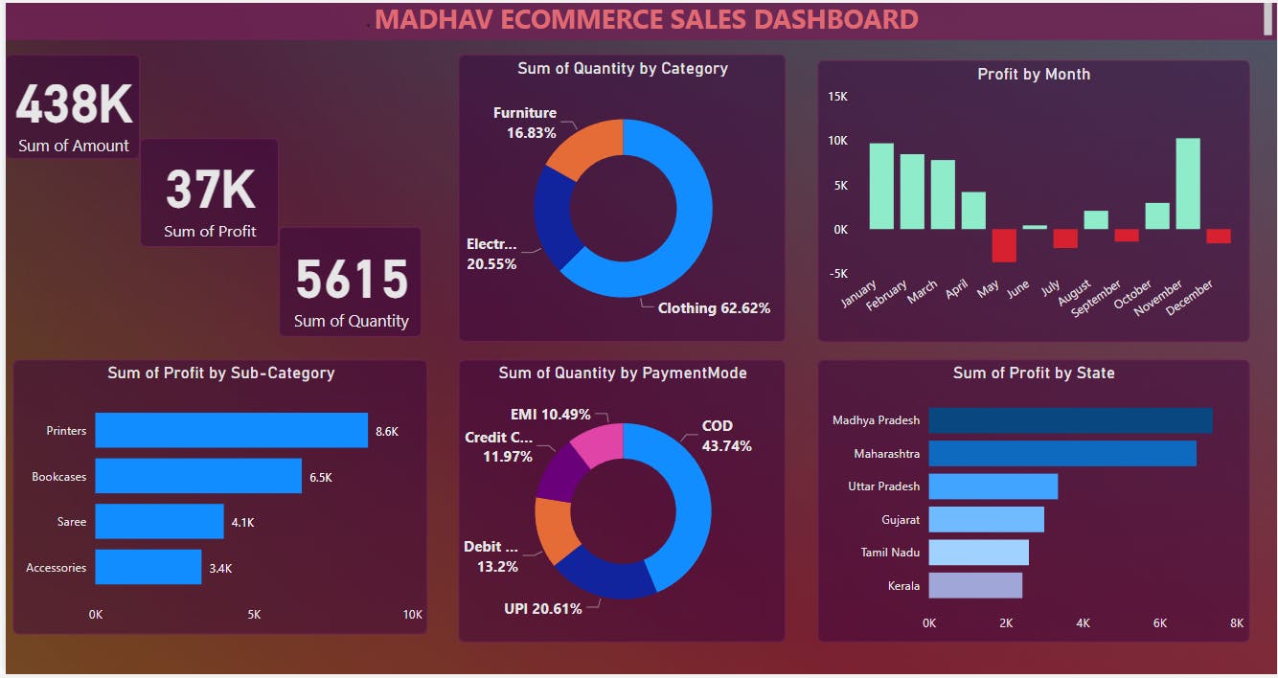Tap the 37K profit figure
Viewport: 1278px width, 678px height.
tap(210, 189)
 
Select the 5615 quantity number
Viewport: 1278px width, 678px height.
tap(352, 280)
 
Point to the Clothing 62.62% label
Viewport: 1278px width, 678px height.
tap(714, 308)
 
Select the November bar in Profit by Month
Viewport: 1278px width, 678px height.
tap(1187, 184)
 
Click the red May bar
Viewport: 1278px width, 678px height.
tap(1003, 245)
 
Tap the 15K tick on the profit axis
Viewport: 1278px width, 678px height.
tap(837, 97)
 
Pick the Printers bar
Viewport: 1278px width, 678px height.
tap(231, 431)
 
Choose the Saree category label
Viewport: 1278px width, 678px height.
tap(71, 522)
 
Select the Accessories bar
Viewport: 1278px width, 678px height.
tap(148, 567)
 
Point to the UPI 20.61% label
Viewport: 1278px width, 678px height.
tap(542, 609)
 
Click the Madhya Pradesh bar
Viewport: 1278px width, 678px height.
tap(1070, 420)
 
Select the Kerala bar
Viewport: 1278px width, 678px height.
tap(975, 585)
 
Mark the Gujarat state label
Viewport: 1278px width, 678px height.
tap(901, 520)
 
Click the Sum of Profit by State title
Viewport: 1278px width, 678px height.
tap(1034, 373)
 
